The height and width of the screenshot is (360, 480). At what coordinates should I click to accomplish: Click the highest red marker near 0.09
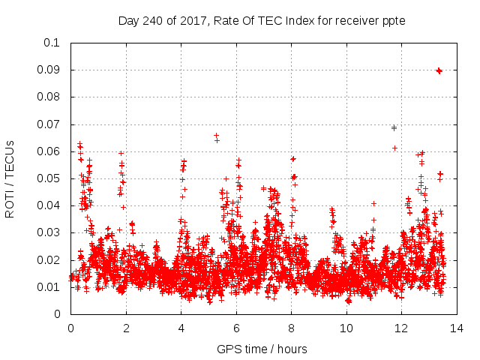(x=439, y=70)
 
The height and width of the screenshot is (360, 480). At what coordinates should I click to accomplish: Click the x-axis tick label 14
(x=456, y=328)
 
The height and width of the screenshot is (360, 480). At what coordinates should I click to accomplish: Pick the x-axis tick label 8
(x=291, y=328)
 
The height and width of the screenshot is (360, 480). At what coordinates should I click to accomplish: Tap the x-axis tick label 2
(x=126, y=328)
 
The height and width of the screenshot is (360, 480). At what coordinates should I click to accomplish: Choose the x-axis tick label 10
(x=346, y=328)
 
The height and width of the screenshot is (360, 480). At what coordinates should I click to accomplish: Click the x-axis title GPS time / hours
(x=262, y=349)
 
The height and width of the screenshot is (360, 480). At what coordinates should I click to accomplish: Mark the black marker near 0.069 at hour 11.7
(x=394, y=127)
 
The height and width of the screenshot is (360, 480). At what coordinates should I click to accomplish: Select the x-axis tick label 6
(x=236, y=328)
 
